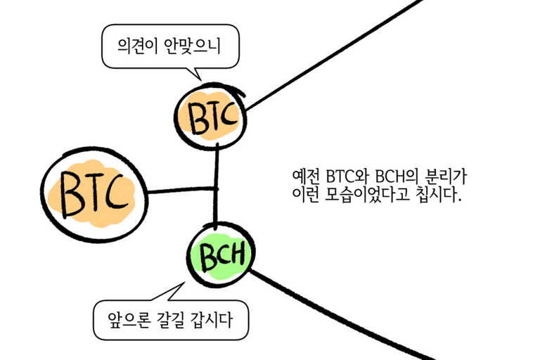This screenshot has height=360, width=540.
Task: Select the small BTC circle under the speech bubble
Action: (210, 117)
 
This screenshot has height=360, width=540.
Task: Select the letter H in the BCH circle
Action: (237, 257)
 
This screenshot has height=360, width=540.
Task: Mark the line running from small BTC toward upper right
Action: (330, 56)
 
